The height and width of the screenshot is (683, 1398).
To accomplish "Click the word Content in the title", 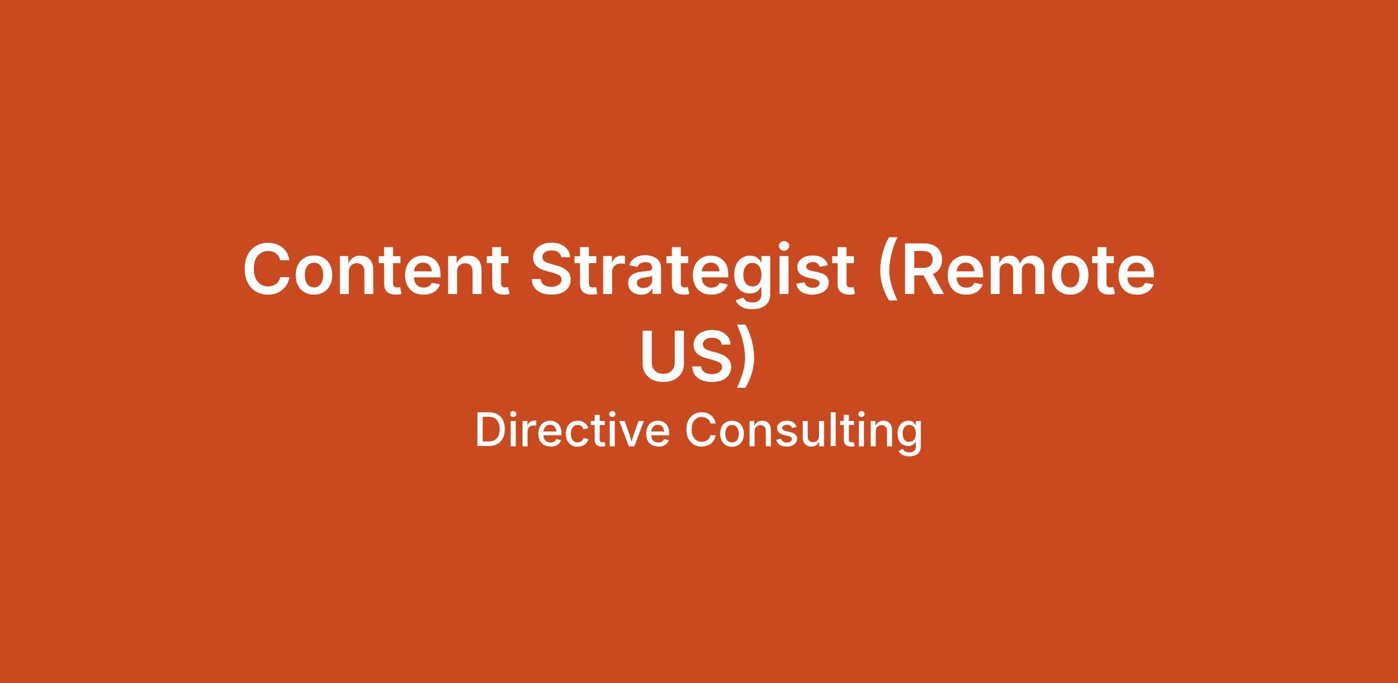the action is [376, 269].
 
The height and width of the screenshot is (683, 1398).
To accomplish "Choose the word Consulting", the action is [804, 433].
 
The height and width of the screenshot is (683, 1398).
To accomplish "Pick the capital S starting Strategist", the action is [554, 270].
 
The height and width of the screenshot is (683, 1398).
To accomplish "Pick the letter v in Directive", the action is [628, 435].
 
